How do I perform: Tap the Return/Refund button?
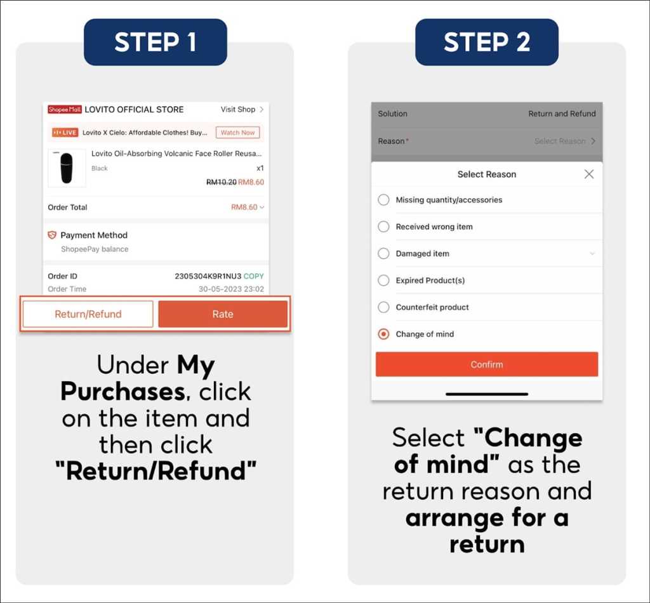tap(88, 314)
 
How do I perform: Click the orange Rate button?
tap(223, 314)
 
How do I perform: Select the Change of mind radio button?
tap(383, 334)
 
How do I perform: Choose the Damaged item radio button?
tap(383, 253)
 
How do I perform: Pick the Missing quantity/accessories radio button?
tap(383, 200)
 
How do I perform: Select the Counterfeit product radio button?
tap(383, 307)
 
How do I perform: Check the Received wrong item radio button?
tap(383, 227)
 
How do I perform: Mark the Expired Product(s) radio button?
tap(383, 280)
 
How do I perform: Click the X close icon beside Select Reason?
tap(588, 174)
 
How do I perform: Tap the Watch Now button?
tap(237, 133)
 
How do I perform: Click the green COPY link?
tap(253, 276)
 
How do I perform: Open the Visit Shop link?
tap(242, 109)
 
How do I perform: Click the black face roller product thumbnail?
tap(67, 168)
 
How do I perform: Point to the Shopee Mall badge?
tap(65, 109)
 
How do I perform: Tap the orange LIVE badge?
tap(65, 133)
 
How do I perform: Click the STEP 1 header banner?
tap(156, 42)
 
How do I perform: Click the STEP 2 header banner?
tap(487, 42)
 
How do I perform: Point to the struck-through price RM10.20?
tap(222, 182)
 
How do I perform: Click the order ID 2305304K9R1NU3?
tap(208, 276)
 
